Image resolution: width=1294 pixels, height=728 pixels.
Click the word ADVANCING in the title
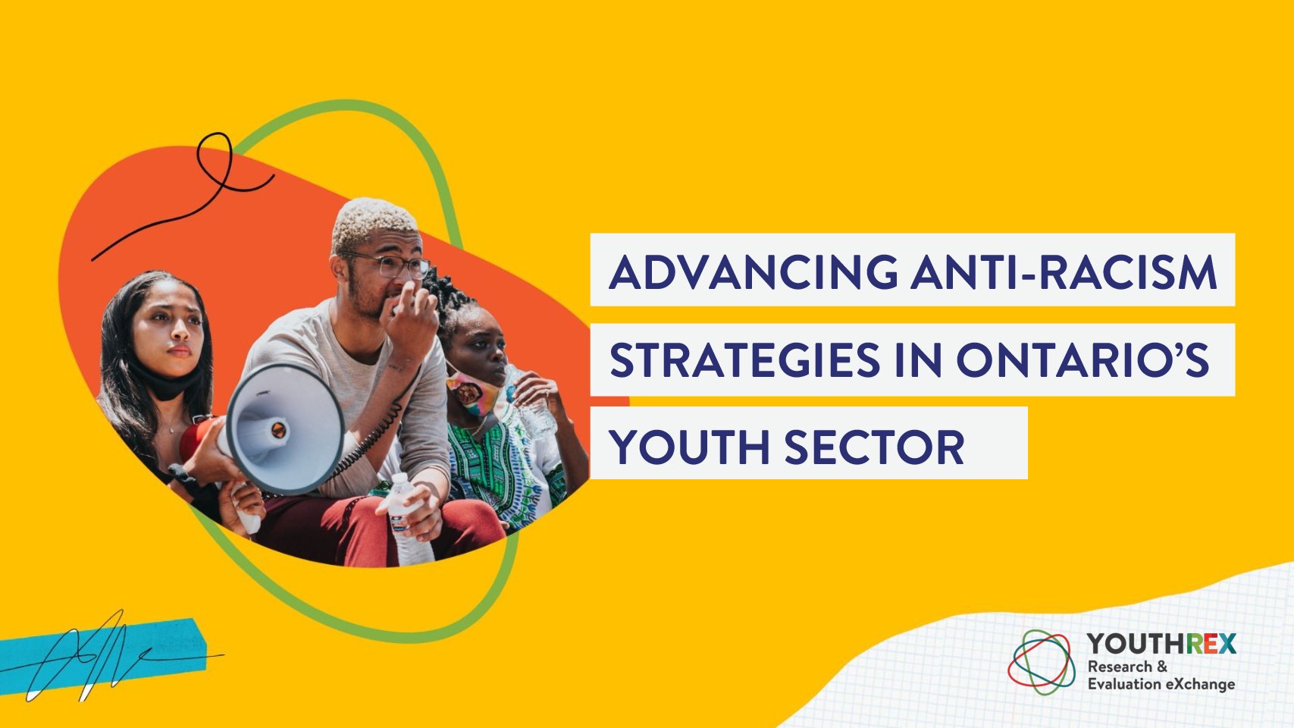pyautogui.click(x=754, y=271)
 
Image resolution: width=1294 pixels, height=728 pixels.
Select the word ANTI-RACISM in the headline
pyautogui.click(x=1064, y=271)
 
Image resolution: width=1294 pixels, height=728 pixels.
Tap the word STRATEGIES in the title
pyautogui.click(x=744, y=359)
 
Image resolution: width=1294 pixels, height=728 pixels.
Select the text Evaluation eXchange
pyautogui.click(x=1161, y=685)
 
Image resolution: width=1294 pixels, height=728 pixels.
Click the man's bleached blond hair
pyautogui.click(x=373, y=222)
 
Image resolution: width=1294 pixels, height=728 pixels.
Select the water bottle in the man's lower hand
pyautogui.click(x=408, y=520)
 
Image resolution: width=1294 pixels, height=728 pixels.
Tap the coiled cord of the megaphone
pyautogui.click(x=370, y=439)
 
